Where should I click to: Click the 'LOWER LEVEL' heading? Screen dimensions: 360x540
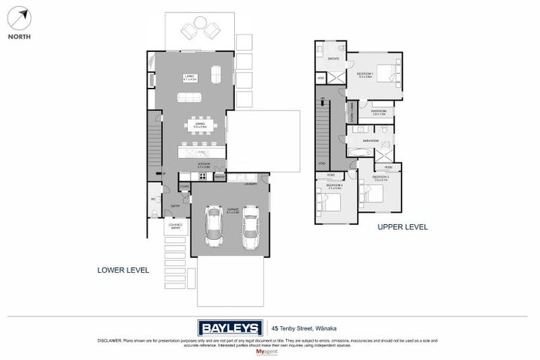[x=122, y=269]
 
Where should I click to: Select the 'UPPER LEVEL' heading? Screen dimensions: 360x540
[x=402, y=227]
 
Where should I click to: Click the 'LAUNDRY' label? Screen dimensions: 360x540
[x=251, y=184]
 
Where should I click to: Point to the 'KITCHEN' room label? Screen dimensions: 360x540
[x=203, y=163]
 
